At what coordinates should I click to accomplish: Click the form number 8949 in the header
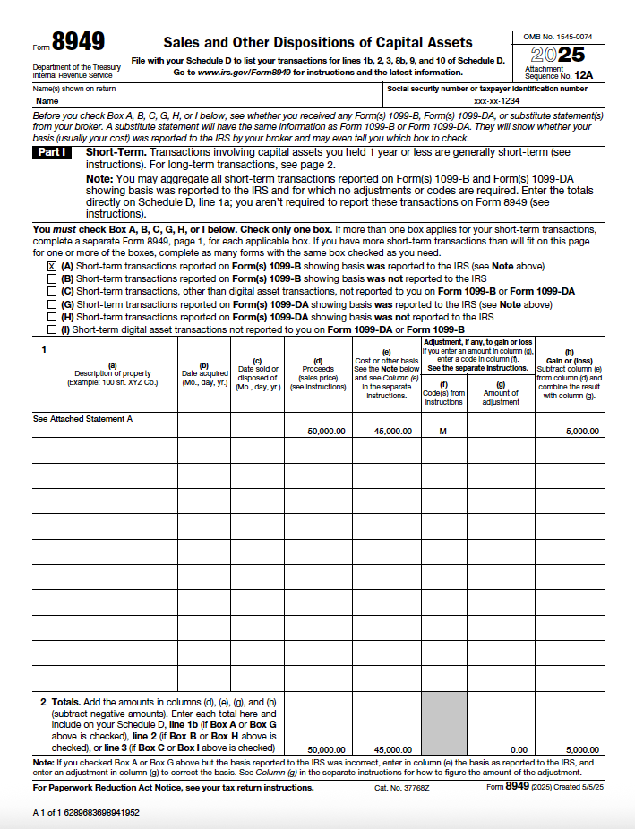pyautogui.click(x=78, y=42)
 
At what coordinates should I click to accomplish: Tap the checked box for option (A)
pyautogui.click(x=52, y=266)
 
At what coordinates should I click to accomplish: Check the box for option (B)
pyautogui.click(x=52, y=278)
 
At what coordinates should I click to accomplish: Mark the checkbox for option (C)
pyautogui.click(x=52, y=291)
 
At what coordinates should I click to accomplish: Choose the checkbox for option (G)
pyautogui.click(x=52, y=304)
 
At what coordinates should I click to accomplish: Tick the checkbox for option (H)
pyautogui.click(x=52, y=317)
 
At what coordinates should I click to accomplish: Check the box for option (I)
pyautogui.click(x=52, y=329)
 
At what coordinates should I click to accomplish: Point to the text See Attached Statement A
pyautogui.click(x=82, y=418)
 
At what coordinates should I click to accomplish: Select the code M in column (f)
pyautogui.click(x=442, y=431)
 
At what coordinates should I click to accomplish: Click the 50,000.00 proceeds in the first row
pyautogui.click(x=326, y=431)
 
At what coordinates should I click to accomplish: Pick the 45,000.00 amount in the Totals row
pyautogui.click(x=393, y=749)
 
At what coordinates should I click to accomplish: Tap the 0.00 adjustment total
pyautogui.click(x=519, y=749)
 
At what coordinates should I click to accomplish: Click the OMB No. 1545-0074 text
pyautogui.click(x=557, y=37)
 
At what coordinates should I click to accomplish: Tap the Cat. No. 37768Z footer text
pyautogui.click(x=402, y=788)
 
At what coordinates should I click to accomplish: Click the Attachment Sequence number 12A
pyautogui.click(x=584, y=77)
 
